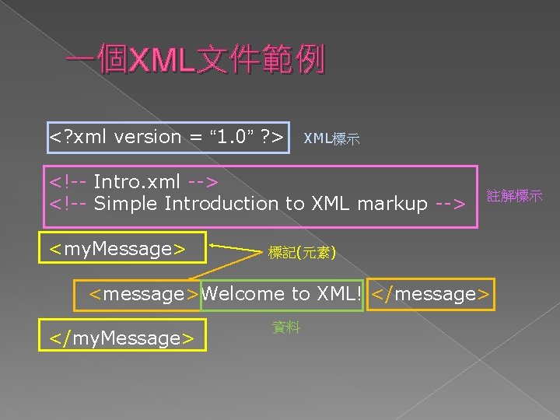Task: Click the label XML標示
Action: [331, 139]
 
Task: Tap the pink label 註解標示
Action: [514, 196]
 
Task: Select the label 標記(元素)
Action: [301, 252]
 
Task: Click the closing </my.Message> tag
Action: [121, 338]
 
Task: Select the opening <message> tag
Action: [144, 294]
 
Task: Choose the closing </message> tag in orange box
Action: [430, 294]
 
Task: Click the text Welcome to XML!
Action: [282, 294]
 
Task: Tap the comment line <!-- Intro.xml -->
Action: [134, 182]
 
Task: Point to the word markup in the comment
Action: [390, 204]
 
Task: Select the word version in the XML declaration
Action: [147, 137]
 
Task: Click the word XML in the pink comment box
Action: [328, 204]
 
